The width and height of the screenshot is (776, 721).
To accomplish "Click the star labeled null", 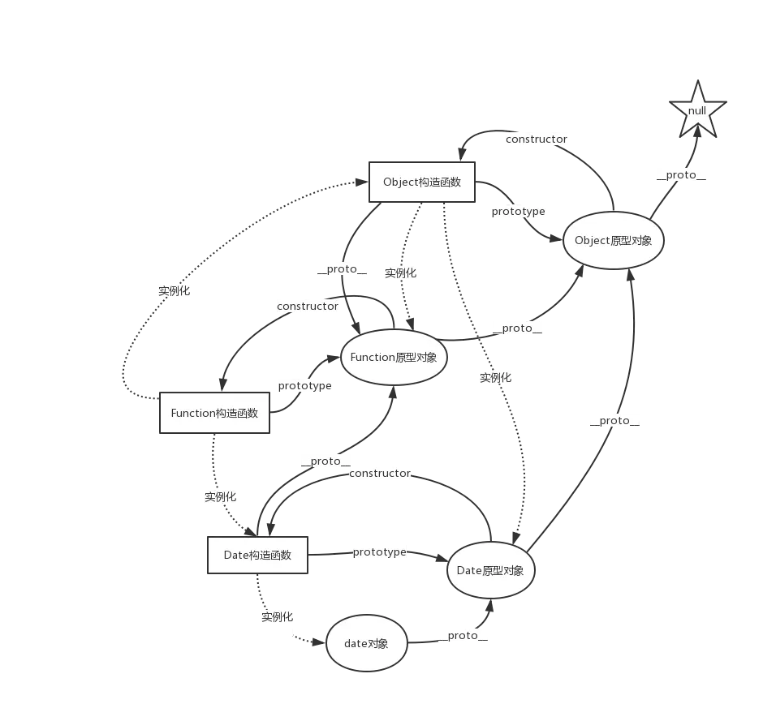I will click(697, 111).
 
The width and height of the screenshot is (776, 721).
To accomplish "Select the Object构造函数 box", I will click(421, 182).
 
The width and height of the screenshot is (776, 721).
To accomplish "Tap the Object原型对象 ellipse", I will click(613, 240).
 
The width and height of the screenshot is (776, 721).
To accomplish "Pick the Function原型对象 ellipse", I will click(394, 358).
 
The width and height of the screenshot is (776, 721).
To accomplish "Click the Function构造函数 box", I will click(214, 413).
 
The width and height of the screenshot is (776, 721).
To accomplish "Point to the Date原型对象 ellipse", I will click(490, 570).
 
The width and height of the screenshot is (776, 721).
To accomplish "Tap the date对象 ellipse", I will click(366, 643).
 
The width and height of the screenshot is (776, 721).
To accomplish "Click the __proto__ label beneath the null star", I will click(682, 174).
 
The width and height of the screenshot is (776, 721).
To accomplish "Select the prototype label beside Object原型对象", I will click(518, 212).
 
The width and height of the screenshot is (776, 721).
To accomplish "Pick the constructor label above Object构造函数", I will click(536, 139).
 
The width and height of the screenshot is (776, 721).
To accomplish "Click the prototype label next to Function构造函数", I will click(305, 386).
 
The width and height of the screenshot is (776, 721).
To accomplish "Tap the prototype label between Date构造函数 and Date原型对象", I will click(379, 552).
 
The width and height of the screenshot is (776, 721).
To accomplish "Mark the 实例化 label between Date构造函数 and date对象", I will click(278, 617).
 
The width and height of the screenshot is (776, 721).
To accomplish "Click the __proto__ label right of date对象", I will click(463, 635).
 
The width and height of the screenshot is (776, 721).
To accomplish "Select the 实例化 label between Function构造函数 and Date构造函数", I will click(220, 496).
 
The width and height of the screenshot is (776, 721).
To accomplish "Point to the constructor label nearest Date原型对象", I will click(380, 473).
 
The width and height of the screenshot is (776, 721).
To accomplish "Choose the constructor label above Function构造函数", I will click(308, 307).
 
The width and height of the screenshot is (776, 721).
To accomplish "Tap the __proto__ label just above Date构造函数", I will click(325, 461).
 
